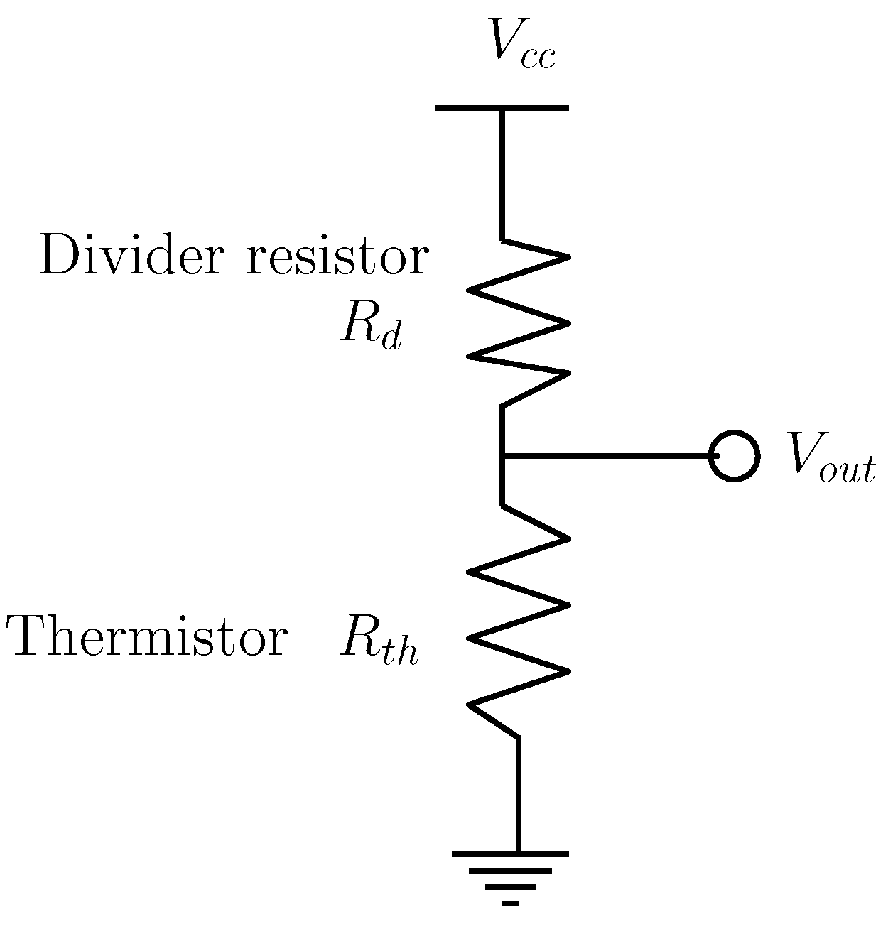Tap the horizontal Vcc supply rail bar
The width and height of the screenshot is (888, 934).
point(502,108)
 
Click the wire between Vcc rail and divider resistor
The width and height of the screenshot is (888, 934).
point(503,174)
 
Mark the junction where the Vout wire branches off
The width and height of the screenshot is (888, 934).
point(503,456)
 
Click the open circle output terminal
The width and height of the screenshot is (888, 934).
point(735,456)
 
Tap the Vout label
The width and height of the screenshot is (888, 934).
point(828,459)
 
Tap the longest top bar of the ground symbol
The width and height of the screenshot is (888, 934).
point(511,853)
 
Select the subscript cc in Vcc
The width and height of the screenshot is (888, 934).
point(537,58)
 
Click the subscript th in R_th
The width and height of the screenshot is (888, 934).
point(398,652)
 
